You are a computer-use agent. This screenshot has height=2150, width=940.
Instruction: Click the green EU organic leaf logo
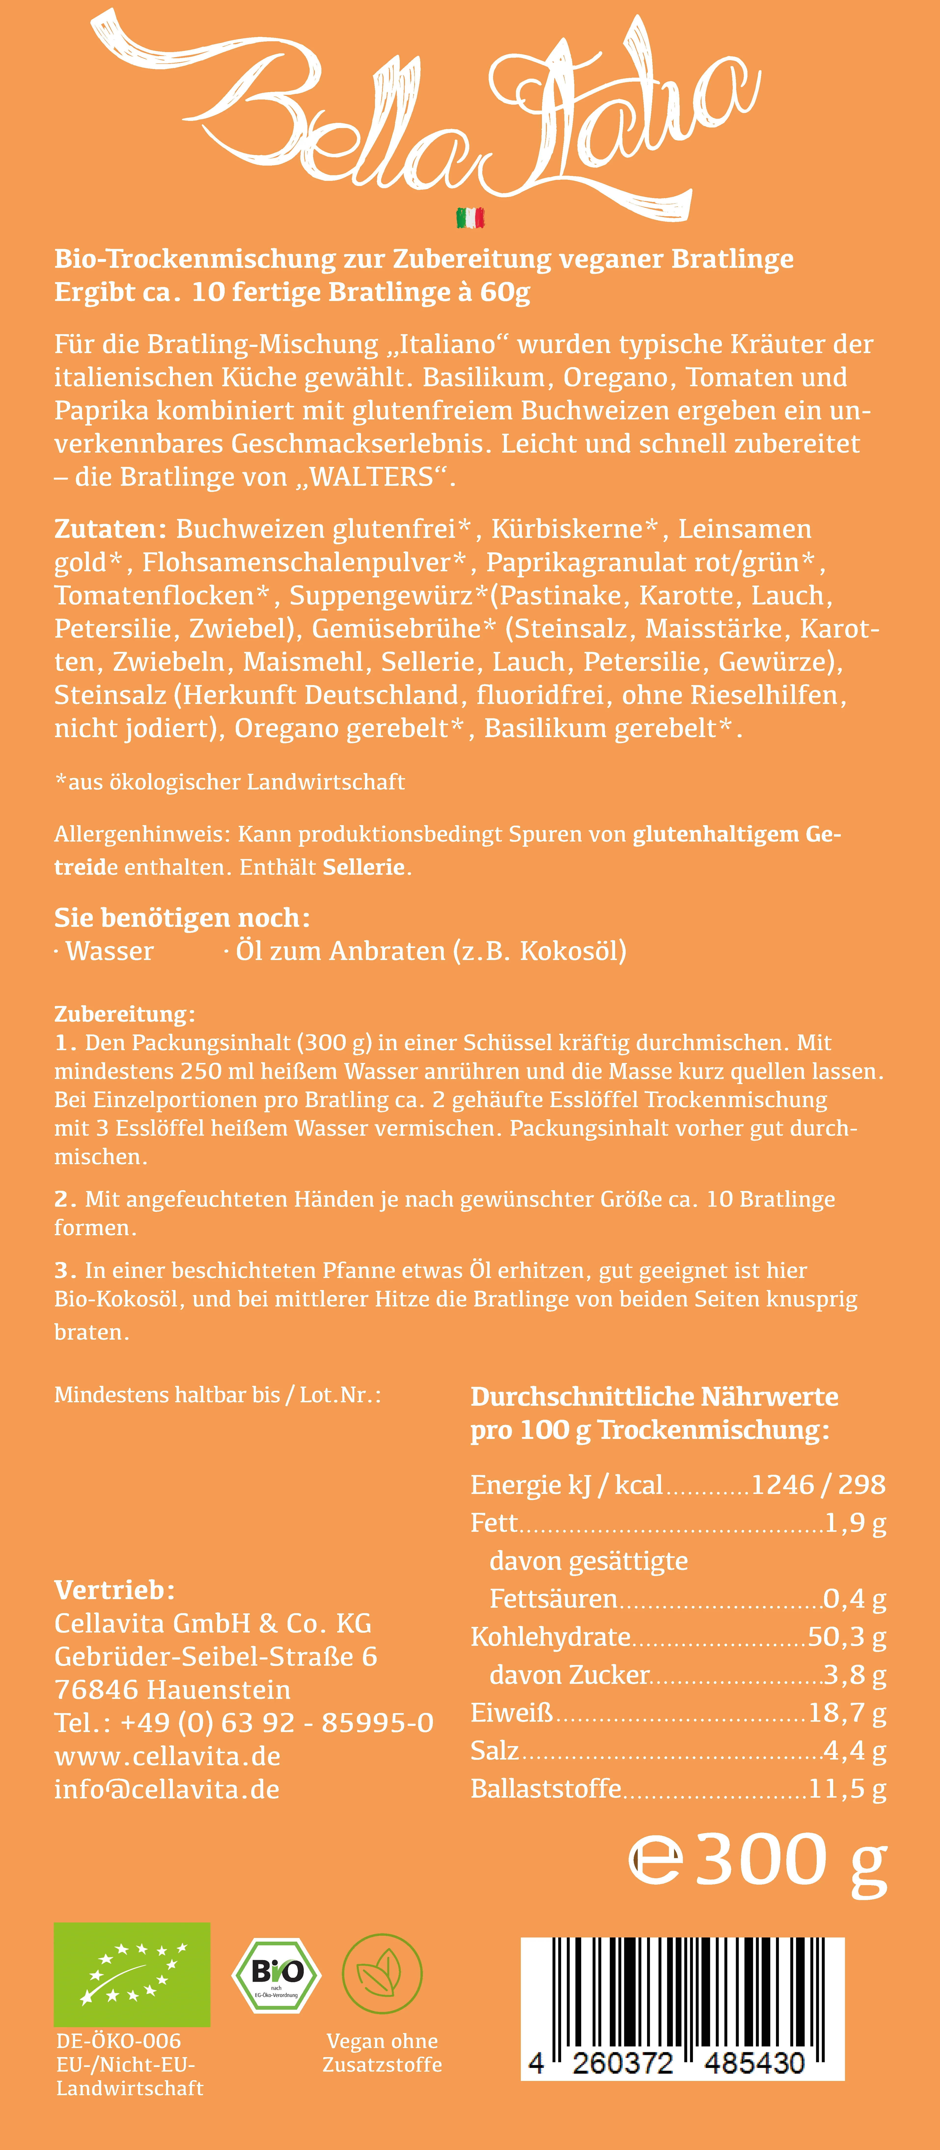[x=132, y=1974]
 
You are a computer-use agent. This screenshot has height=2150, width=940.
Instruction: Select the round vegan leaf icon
[x=382, y=1974]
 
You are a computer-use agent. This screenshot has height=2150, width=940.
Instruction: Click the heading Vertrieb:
[x=114, y=1590]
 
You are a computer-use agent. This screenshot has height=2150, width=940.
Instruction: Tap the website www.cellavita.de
[x=167, y=1756]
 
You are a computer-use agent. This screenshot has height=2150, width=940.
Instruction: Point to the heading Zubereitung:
[x=124, y=1014]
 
